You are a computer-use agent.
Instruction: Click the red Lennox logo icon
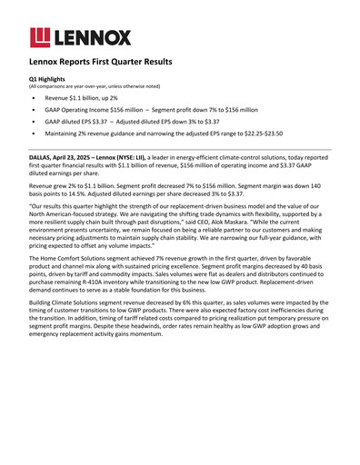click(x=41, y=36)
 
